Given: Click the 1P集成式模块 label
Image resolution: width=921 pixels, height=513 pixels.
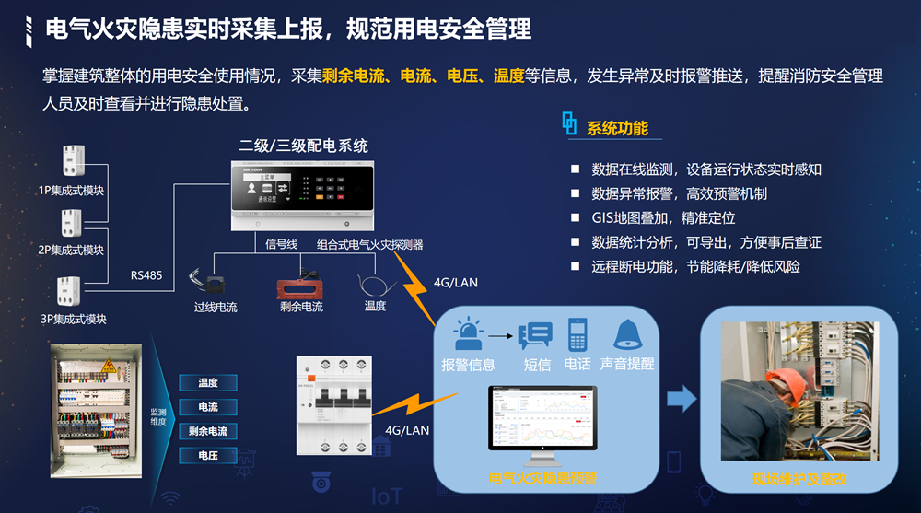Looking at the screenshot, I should click(71, 191).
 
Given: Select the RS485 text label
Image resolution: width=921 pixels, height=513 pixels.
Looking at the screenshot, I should click(146, 274).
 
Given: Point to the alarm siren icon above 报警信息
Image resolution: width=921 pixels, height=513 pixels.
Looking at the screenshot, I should click(468, 332).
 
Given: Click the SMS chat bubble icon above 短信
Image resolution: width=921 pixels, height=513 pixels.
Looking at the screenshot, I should click(535, 334).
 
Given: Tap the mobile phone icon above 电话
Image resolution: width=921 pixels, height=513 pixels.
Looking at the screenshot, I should click(577, 334).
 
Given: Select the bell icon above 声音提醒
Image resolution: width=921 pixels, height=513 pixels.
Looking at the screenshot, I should click(628, 333).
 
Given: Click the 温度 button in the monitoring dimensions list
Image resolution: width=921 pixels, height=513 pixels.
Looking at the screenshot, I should click(208, 383).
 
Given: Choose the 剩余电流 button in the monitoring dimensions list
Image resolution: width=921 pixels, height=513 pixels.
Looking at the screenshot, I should click(208, 431).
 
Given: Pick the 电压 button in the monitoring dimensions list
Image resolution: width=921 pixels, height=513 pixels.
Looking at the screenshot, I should click(208, 455).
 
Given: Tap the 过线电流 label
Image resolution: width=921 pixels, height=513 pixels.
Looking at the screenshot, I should click(216, 307).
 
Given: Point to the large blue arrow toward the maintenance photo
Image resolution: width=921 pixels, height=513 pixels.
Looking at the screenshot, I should click(682, 399).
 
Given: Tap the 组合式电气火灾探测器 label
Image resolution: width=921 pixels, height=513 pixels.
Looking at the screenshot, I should click(370, 244).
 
